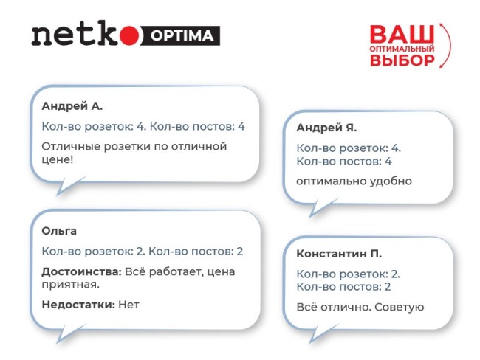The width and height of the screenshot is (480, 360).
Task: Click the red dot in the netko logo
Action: tap(128, 35)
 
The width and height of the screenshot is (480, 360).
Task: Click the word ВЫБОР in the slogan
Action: tap(402, 60)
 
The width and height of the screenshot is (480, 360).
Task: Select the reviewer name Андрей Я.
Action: tap(326, 128)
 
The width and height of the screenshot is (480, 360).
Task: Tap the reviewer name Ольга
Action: tap(60, 231)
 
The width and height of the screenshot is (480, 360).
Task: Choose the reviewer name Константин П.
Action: tap(339, 255)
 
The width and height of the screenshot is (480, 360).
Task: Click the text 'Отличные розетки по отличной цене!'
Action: tap(133, 153)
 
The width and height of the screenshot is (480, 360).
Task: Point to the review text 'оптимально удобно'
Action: tap(344, 181)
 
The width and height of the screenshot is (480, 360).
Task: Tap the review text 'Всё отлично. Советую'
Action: tap(359, 307)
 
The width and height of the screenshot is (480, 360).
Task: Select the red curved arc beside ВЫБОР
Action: tap(442, 48)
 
